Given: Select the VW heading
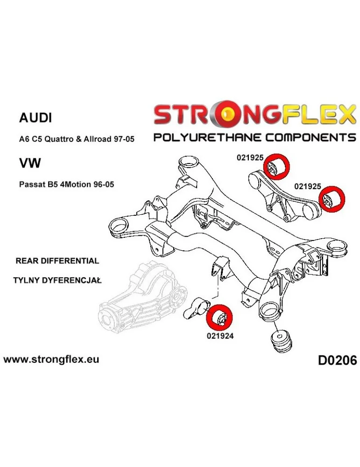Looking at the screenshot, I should [30, 163].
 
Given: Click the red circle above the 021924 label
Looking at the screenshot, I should [221, 318].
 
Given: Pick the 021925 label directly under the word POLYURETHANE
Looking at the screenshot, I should [250, 158].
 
